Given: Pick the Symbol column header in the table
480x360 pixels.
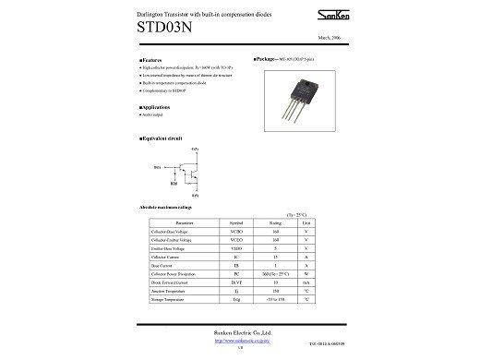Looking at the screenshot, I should click(x=236, y=222).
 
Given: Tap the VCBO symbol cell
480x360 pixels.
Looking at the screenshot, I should click(x=236, y=231).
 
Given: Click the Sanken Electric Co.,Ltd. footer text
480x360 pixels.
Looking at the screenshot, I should click(x=239, y=330).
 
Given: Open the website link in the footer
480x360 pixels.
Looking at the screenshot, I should click(x=239, y=340).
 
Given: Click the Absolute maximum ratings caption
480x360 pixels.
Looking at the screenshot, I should click(x=165, y=207).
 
